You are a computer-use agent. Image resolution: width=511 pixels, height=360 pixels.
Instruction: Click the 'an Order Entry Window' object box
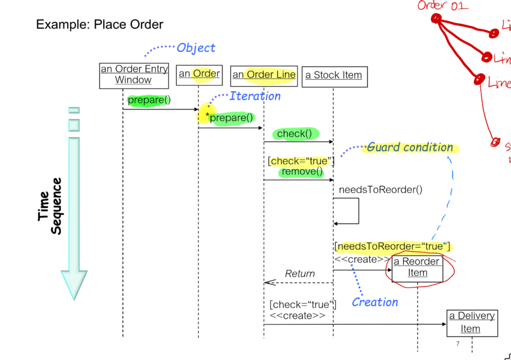click(134, 75)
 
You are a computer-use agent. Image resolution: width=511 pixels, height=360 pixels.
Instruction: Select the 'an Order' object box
click(199, 74)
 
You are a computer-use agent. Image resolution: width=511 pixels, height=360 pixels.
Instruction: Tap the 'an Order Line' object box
click(264, 75)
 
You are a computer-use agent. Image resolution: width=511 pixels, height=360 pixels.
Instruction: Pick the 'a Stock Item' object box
click(334, 76)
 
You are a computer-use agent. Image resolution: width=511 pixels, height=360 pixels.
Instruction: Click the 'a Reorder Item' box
click(417, 268)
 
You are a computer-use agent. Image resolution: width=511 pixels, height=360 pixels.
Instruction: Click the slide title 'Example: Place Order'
click(100, 24)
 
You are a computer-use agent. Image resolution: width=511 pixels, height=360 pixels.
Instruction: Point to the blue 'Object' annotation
click(196, 48)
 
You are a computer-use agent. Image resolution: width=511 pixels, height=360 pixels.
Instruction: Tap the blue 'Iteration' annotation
click(255, 96)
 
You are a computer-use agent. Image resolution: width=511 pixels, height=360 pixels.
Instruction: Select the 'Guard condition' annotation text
click(410, 148)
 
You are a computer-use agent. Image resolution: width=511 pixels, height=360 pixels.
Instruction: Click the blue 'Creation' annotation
click(375, 302)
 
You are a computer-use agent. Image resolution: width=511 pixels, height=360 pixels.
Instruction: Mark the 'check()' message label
click(297, 134)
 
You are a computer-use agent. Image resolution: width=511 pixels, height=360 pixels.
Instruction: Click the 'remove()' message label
click(302, 172)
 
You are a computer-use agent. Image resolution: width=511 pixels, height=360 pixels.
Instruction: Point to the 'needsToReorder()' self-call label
click(380, 189)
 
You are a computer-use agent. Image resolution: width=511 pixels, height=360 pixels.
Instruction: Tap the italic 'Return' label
click(300, 274)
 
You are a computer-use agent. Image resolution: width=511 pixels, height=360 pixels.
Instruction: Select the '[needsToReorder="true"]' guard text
click(393, 247)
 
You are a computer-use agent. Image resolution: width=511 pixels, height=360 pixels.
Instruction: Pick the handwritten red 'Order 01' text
click(443, 6)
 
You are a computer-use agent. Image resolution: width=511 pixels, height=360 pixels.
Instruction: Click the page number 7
click(458, 344)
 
